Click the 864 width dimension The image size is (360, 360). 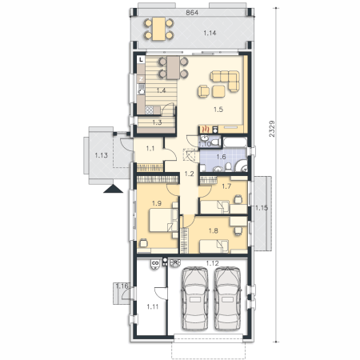tap(192, 13)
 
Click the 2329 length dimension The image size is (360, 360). tap(272, 129)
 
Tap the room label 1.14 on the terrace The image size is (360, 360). tap(210, 33)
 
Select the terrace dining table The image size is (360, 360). tap(159, 29)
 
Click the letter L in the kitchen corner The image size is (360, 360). tap(141, 60)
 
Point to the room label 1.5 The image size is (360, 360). tap(218, 110)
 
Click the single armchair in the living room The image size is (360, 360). tap(204, 91)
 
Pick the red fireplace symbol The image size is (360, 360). tap(205, 130)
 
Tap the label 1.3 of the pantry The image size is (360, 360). tap(157, 122)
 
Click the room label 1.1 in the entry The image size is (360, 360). tap(150, 148)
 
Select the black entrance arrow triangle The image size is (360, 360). tap(113, 189)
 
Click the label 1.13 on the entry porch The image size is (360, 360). tap(102, 155)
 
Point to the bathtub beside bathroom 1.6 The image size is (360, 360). tap(235, 142)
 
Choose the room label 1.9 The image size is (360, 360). tap(157, 203)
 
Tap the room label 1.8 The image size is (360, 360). tap(214, 230)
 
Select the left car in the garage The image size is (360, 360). tap(195, 298)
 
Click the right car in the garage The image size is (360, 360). tap(228, 298)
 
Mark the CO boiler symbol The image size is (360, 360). tap(154, 264)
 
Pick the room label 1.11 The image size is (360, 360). tap(153, 307)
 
